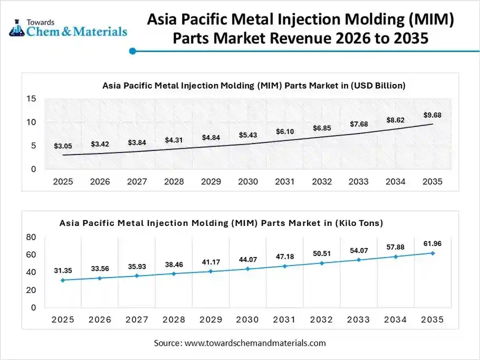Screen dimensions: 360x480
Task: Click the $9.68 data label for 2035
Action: click(x=432, y=115)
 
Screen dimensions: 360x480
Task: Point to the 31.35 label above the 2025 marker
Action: click(x=63, y=271)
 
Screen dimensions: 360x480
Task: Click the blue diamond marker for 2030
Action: click(x=248, y=269)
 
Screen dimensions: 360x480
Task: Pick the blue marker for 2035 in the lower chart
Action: click(x=433, y=253)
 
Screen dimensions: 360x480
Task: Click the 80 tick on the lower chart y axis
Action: click(x=31, y=237)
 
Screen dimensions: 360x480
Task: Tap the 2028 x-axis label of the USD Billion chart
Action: click(x=174, y=182)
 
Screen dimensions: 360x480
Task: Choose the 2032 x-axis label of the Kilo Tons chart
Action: click(x=321, y=320)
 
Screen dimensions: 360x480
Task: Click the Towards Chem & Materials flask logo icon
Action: click(x=17, y=29)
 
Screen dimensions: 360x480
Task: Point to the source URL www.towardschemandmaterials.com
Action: click(x=255, y=343)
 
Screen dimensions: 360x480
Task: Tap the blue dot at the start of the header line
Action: click(x=133, y=51)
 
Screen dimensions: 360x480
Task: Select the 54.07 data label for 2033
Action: click(x=359, y=250)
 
